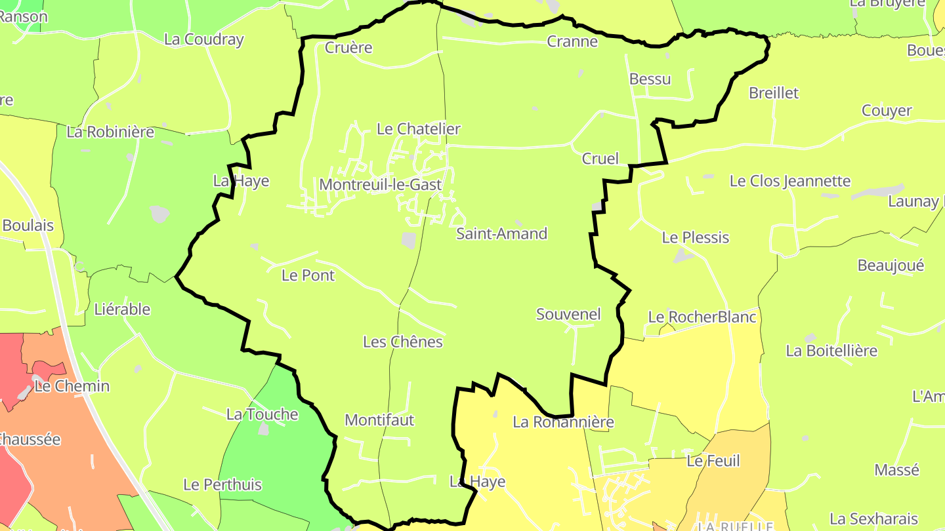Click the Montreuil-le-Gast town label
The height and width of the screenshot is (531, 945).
point(380,185)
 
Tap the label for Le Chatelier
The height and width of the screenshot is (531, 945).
point(418,128)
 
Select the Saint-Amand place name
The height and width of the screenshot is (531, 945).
point(501,233)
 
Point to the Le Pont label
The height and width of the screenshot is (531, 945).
point(308,275)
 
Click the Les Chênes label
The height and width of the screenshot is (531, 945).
point(402,342)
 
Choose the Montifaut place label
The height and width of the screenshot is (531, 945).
point(379,420)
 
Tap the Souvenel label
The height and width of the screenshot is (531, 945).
point(568,314)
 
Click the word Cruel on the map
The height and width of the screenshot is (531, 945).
point(600,159)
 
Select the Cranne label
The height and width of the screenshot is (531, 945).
point(572,42)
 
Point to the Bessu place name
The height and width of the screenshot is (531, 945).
point(650,79)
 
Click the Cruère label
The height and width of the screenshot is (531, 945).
point(348,47)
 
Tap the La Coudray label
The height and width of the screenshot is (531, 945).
point(203,39)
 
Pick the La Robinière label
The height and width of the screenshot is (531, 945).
point(110,132)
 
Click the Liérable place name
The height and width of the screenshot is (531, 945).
point(122,309)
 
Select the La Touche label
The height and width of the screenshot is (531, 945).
point(262,414)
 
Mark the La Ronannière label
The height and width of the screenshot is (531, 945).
point(563,422)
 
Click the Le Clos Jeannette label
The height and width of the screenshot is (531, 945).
point(790,181)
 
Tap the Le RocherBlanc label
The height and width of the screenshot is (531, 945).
point(702,317)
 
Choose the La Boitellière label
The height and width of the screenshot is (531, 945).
point(831,351)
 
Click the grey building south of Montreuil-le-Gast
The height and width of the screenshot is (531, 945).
point(409,241)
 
